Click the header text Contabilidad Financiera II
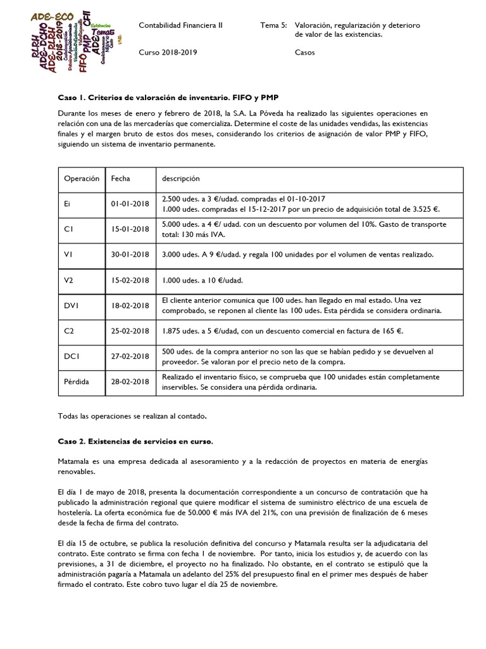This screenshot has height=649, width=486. coord(180,25)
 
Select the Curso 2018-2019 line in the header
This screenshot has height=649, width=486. coord(168,53)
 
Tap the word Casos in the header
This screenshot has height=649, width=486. coord(305,53)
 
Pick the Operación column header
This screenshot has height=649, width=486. coord(82,179)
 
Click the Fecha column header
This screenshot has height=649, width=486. coord(120,179)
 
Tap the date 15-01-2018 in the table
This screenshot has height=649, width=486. coord(130,229)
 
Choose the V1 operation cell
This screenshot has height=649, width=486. coord(70,254)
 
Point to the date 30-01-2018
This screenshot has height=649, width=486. coord(130,254)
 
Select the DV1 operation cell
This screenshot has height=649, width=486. coord(72,305)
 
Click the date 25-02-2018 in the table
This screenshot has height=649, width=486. coord(130,330)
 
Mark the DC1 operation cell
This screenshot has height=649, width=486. coord(72,356)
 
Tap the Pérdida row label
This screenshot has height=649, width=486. coord(77,382)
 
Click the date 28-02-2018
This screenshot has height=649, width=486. coord(130,382)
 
